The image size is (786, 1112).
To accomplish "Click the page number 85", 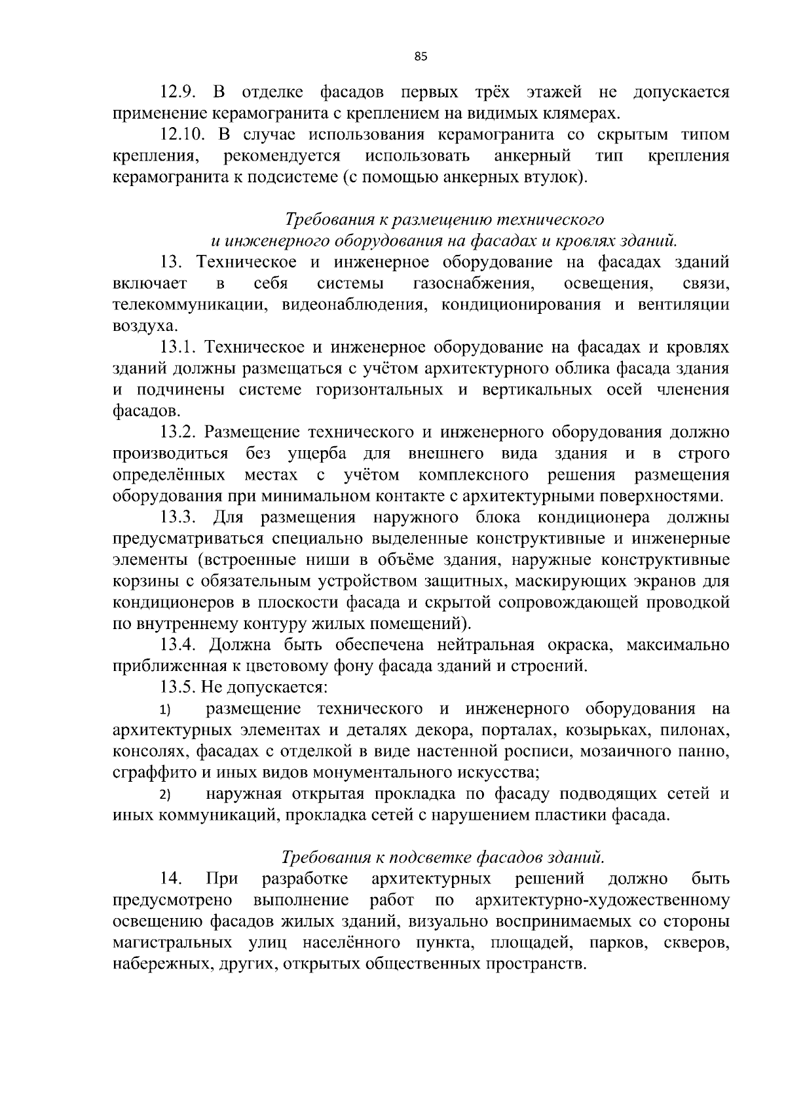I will click(x=421, y=57).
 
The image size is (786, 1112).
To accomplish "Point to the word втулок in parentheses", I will click(x=555, y=178).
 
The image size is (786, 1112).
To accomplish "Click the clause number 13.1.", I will click(x=178, y=347).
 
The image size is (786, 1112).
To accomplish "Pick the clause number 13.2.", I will click(x=178, y=432).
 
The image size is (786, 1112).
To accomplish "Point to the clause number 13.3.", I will click(x=178, y=518).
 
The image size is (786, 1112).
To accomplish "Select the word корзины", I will click(x=139, y=582).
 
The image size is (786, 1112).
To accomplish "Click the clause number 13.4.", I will click(x=178, y=645).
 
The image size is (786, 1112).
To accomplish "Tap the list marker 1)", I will click(x=165, y=710).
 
